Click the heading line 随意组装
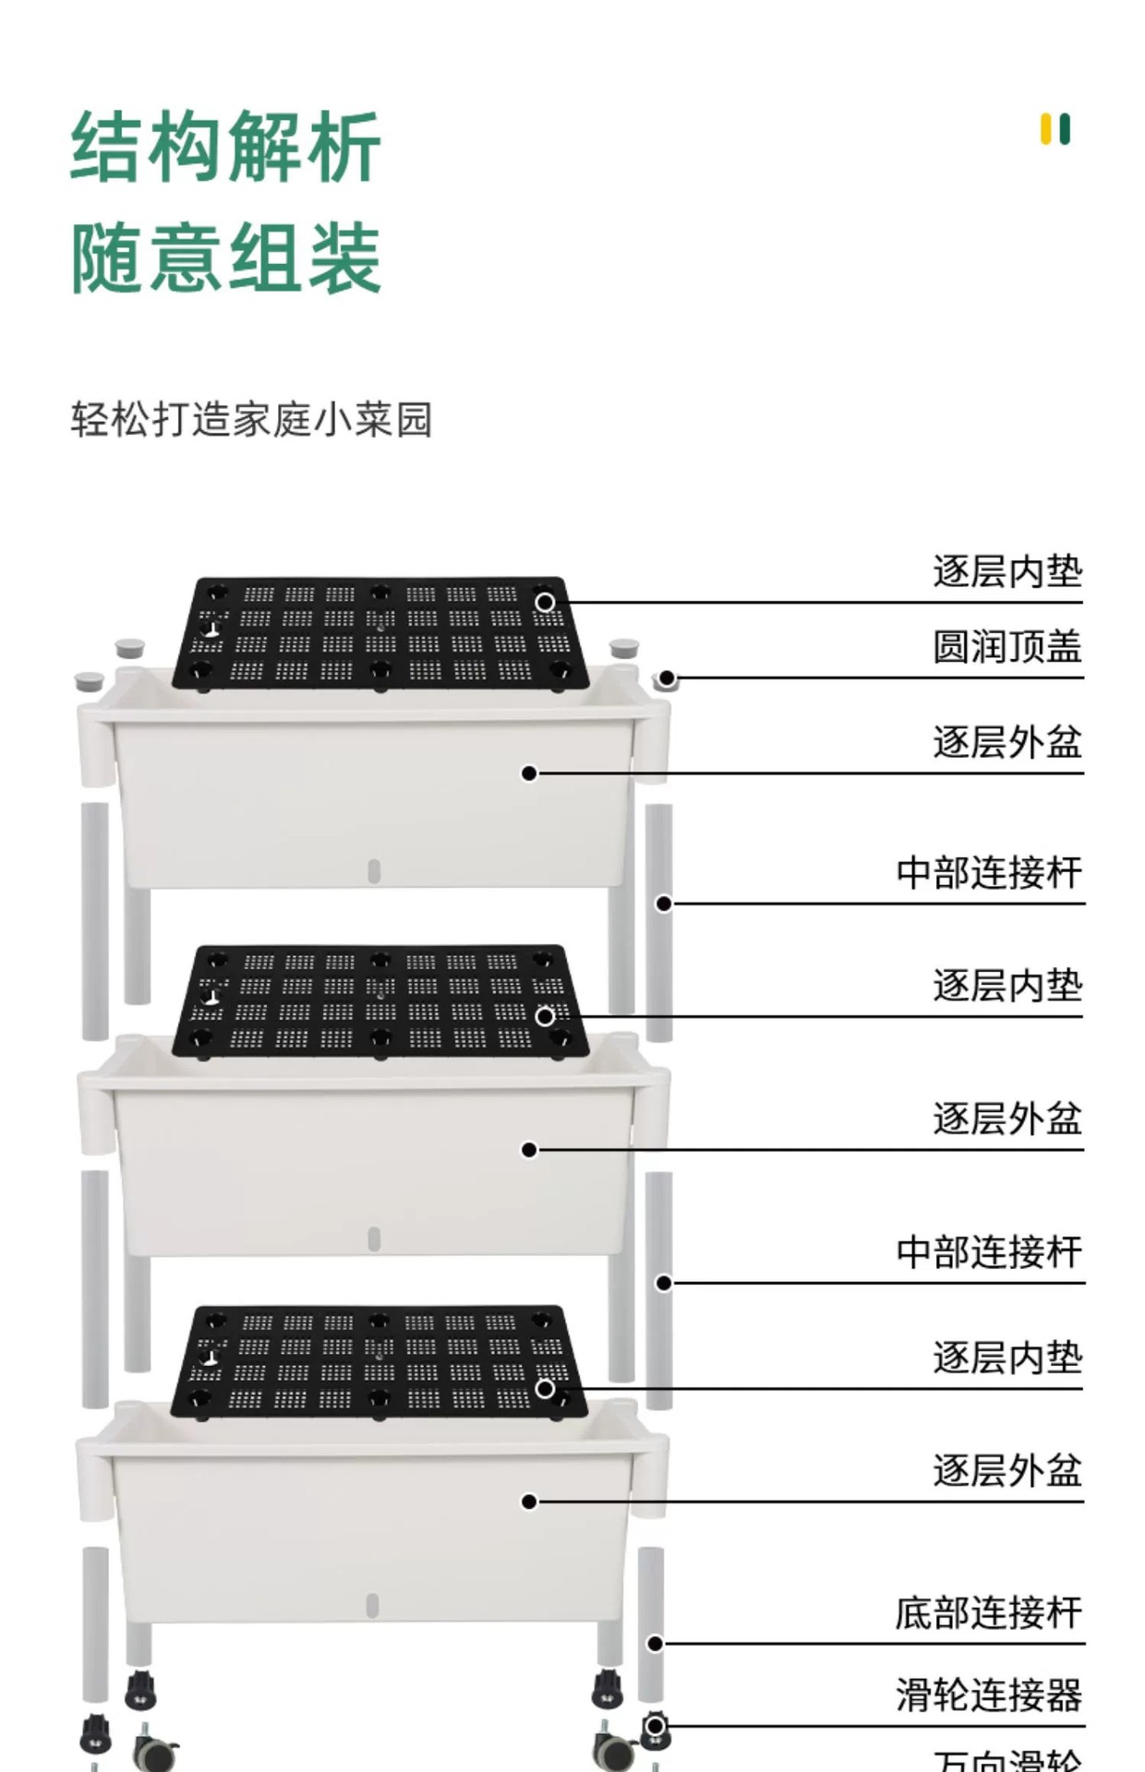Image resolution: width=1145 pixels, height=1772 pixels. tap(226, 258)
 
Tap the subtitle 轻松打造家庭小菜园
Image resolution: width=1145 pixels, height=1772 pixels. tap(251, 420)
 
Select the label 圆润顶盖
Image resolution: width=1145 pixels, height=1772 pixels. tap(1006, 647)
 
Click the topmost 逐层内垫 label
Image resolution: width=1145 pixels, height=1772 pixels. tap(1006, 572)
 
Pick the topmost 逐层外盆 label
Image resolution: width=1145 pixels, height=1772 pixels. tap(1006, 743)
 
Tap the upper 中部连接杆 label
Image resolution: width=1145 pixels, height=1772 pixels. tap(989, 873)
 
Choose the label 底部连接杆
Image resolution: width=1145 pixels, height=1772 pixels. tap(988, 1613)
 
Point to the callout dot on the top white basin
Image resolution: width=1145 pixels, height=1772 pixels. tap(529, 773)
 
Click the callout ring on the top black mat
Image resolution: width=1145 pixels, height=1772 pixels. tap(545, 603)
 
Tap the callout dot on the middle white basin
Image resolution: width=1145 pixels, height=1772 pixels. tap(529, 1150)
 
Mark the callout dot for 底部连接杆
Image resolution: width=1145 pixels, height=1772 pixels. tap(655, 1644)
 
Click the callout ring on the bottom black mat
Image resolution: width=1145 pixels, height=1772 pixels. tap(545, 1389)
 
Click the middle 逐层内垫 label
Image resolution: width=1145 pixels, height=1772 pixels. tap(1006, 987)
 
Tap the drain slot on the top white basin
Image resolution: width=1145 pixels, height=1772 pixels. tap(374, 871)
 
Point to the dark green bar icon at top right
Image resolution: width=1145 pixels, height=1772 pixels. tap(1066, 129)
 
